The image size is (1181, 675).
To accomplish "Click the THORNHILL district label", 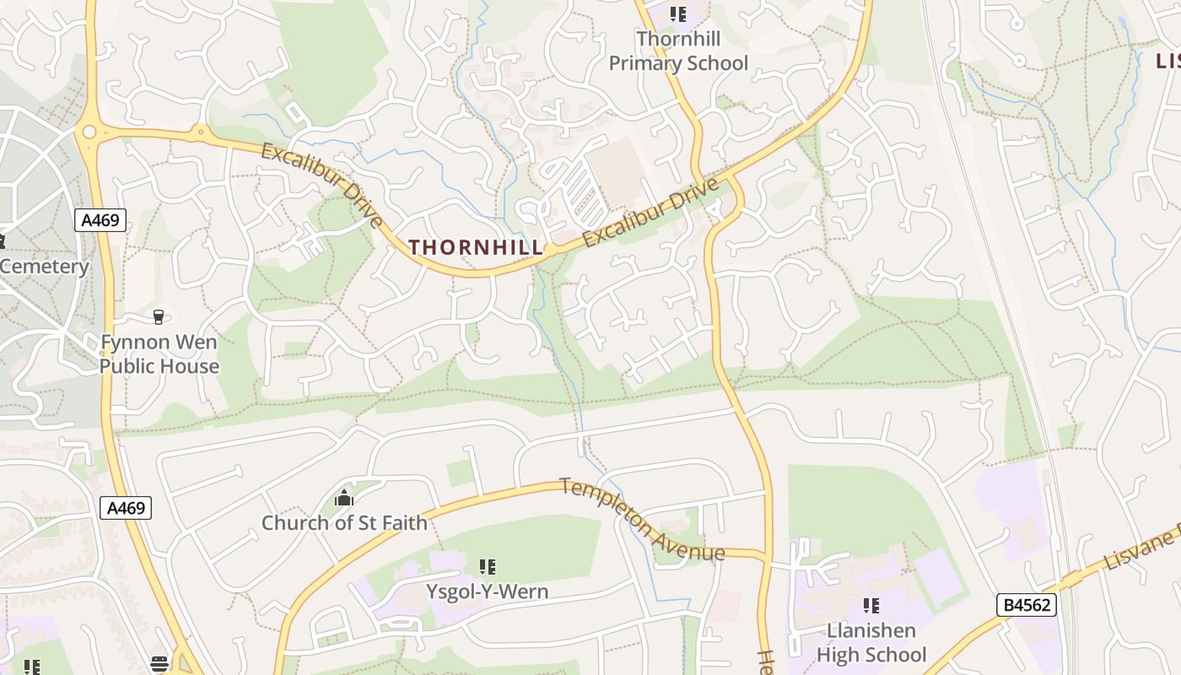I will (x=476, y=247).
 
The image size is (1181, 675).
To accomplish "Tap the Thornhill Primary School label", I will (x=678, y=51).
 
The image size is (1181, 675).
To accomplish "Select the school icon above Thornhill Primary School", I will (x=678, y=14).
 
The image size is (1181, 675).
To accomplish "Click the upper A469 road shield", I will (x=100, y=221).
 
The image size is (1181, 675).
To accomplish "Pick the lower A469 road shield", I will (x=126, y=508).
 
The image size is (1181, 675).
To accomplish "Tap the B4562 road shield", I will (x=1026, y=605).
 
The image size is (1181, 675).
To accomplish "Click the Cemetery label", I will (x=45, y=267).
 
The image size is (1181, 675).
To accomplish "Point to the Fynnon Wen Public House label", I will (x=159, y=354).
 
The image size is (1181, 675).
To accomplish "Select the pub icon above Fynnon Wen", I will (x=158, y=317).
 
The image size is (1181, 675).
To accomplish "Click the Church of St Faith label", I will (x=344, y=523).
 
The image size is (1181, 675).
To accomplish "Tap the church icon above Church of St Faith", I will (x=343, y=499).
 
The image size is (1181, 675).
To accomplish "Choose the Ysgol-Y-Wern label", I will (x=487, y=591).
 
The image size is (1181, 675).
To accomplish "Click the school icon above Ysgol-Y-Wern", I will (x=487, y=567).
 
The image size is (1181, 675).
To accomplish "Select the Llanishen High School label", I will (x=871, y=643).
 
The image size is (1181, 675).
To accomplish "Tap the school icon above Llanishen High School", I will (x=871, y=606).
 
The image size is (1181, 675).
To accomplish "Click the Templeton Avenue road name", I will (x=641, y=521).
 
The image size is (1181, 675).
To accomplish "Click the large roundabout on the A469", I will (x=89, y=132).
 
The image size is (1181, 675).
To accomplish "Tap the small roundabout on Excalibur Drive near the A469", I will (x=201, y=132).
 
